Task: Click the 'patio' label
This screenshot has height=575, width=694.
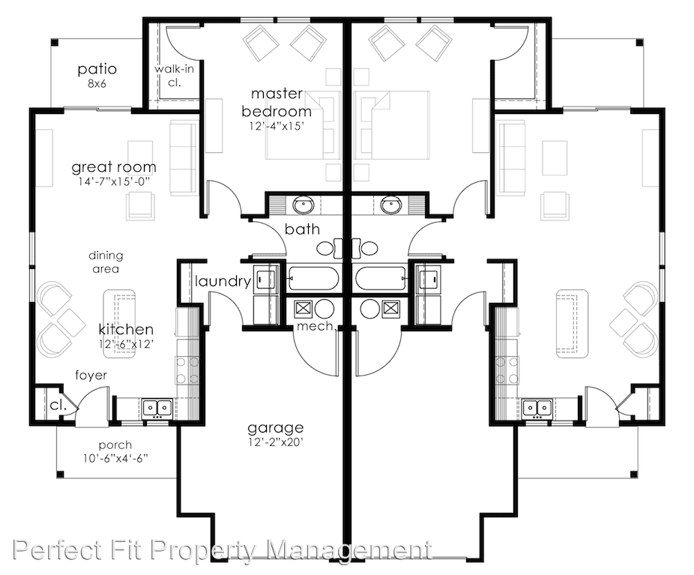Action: pos(97,69)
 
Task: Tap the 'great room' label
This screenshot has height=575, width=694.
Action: pos(114,167)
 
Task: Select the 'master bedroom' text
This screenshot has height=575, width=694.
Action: pos(277,103)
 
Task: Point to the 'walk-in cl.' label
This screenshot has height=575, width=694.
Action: pos(174,76)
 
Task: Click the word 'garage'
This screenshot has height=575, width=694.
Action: pos(275,428)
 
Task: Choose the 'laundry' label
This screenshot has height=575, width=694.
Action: pos(223,281)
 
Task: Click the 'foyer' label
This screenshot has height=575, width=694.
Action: pos(91,376)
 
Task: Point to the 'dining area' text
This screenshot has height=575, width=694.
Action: pos(106,262)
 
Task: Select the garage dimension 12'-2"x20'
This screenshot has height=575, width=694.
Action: pos(275,442)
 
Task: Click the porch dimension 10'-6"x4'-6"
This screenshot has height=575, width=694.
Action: pos(115,458)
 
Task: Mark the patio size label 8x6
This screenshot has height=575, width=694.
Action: pos(97,83)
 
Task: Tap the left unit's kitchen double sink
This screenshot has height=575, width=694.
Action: pos(157,407)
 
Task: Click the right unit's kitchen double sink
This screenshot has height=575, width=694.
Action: pos(537,407)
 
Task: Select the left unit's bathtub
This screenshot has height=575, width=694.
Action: pos(313,278)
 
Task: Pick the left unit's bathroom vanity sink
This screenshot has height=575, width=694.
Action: pos(304,205)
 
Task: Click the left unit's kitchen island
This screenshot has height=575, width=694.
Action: pos(119,319)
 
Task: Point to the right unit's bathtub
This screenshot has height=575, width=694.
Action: pos(381,278)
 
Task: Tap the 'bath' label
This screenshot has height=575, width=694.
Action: pos(302,229)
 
